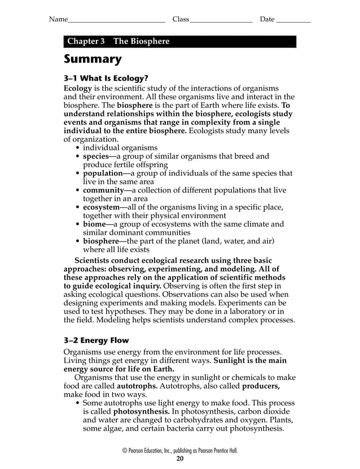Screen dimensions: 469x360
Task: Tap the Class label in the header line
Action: [181, 20]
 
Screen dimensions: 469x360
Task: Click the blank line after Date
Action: [293, 21]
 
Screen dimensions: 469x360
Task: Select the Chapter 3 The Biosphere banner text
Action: [118, 42]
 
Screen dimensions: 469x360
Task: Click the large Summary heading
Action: [93, 59]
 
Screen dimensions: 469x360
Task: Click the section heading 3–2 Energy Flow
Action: [96, 340]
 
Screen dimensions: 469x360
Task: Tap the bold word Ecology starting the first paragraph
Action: [77, 89]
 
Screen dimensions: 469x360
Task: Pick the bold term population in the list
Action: [103, 174]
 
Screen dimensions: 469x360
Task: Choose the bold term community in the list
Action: [103, 191]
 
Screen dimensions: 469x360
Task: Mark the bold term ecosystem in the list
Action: [102, 208]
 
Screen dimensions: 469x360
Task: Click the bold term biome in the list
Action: [95, 225]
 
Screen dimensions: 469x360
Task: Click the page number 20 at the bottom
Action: [180, 459]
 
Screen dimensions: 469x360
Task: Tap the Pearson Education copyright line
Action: [180, 450]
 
